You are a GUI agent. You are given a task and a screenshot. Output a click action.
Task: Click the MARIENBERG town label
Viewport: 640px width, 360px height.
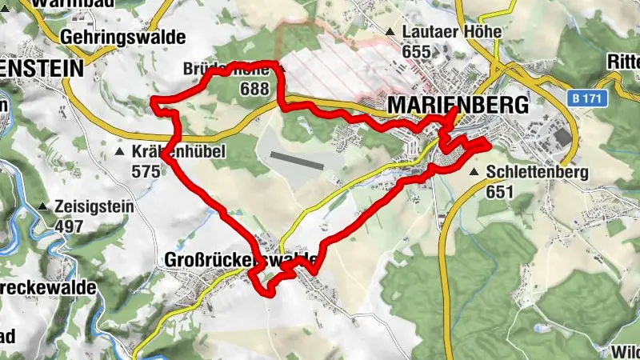point(458,106)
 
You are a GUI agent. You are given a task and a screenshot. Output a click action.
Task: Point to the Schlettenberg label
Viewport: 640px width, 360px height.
point(537,172)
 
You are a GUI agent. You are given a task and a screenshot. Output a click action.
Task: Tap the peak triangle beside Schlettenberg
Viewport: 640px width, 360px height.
point(475,172)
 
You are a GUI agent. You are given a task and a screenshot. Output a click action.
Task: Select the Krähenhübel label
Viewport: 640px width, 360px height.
point(176,150)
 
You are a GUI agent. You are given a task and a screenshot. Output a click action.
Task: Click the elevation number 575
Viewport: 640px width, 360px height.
point(146,170)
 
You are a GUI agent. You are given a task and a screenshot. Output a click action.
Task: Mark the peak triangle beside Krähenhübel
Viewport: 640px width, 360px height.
point(120,150)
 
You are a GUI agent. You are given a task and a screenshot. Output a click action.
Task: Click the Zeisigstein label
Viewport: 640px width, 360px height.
point(94,206)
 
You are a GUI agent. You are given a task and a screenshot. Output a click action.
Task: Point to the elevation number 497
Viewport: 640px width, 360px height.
point(70,226)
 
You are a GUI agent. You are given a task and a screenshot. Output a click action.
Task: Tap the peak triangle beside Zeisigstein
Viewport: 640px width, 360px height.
point(42,206)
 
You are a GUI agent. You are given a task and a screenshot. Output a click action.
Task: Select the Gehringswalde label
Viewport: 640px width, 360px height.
point(122,38)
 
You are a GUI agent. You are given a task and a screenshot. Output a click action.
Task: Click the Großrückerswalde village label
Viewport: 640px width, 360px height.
point(240,261)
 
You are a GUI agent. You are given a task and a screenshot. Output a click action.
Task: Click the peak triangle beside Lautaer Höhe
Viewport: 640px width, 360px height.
point(390,32)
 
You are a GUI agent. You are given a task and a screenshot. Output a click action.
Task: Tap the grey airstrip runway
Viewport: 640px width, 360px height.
point(297,161)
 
